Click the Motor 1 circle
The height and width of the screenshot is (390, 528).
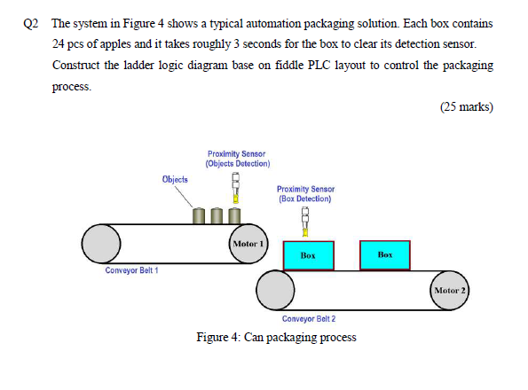tap(247, 242)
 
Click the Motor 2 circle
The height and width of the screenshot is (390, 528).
tap(450, 290)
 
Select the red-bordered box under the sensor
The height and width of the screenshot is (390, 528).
tap(308, 254)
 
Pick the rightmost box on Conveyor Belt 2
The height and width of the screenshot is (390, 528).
tap(384, 254)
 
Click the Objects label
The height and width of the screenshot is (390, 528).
tap(175, 179)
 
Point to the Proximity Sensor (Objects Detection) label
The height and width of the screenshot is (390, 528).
tap(238, 159)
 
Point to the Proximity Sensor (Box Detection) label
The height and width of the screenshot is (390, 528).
tap(304, 193)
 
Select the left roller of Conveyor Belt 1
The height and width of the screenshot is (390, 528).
tap(101, 241)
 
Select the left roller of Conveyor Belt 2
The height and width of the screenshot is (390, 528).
tap(276, 287)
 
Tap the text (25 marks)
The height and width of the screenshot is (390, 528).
tap(466, 107)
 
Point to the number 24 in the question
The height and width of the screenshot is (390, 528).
tap(59, 43)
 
